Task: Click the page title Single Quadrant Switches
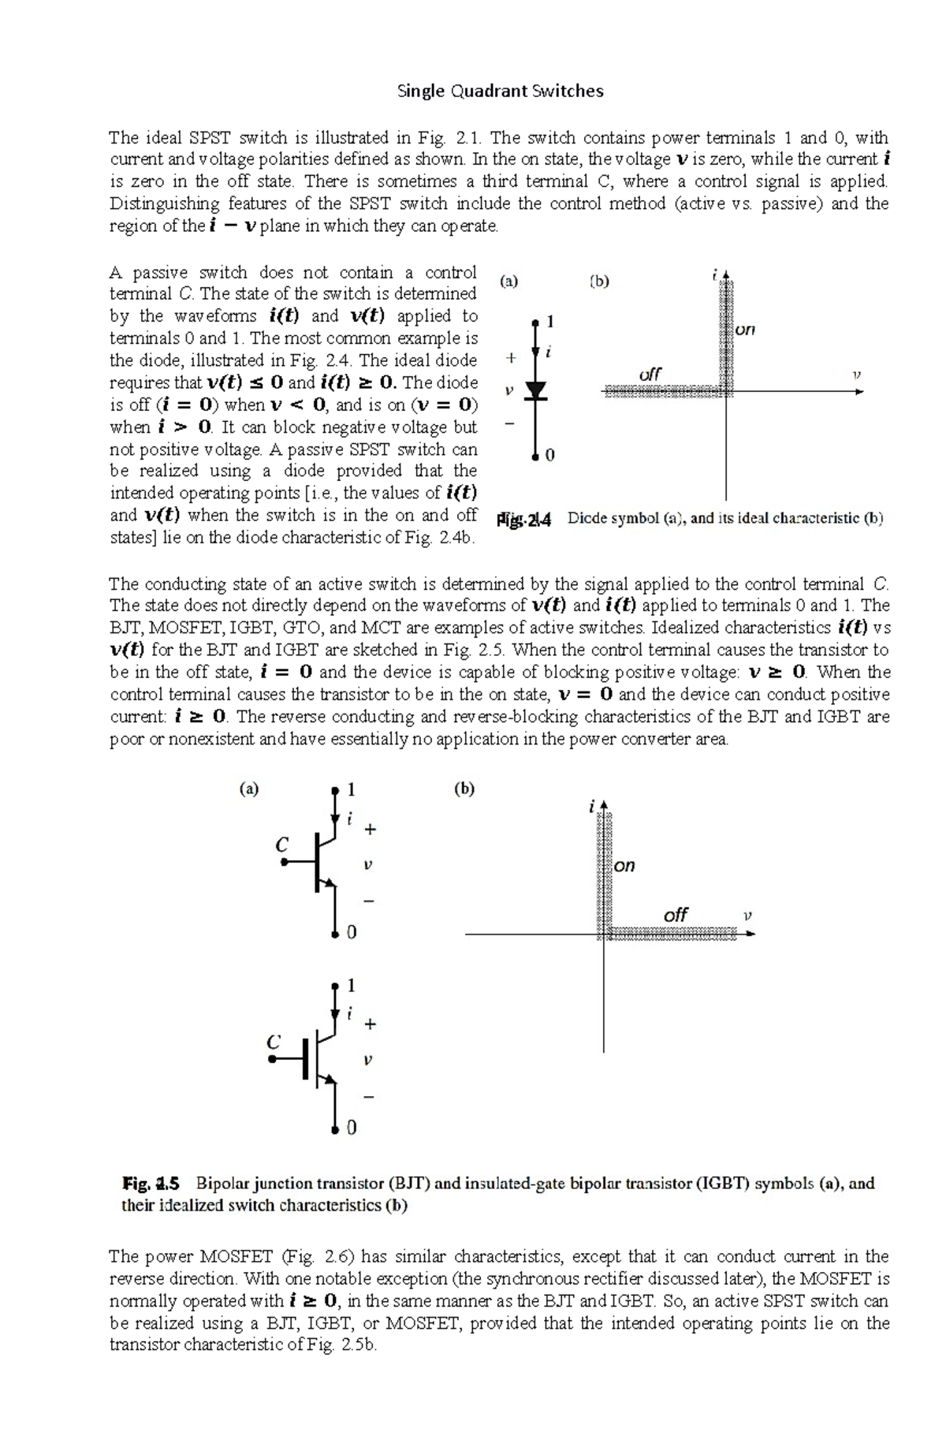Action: point(501,91)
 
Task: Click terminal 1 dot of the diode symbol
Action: point(536,322)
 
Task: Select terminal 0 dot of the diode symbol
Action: point(536,456)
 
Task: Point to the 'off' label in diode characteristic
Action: point(650,374)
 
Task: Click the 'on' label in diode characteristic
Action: point(745,330)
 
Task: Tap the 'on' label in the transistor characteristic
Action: point(624,866)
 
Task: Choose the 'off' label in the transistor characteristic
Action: point(676,915)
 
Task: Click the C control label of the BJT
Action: point(281,845)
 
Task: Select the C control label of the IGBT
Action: point(274,1042)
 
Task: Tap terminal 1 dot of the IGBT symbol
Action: point(335,986)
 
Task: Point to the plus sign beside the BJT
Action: point(370,830)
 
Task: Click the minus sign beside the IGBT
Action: point(369,1097)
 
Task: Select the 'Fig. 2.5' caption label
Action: point(151,1184)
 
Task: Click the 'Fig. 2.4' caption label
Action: point(524,520)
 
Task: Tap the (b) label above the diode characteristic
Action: point(599,281)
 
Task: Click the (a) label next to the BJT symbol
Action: point(249,789)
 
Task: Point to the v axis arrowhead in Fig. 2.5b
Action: point(750,934)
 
